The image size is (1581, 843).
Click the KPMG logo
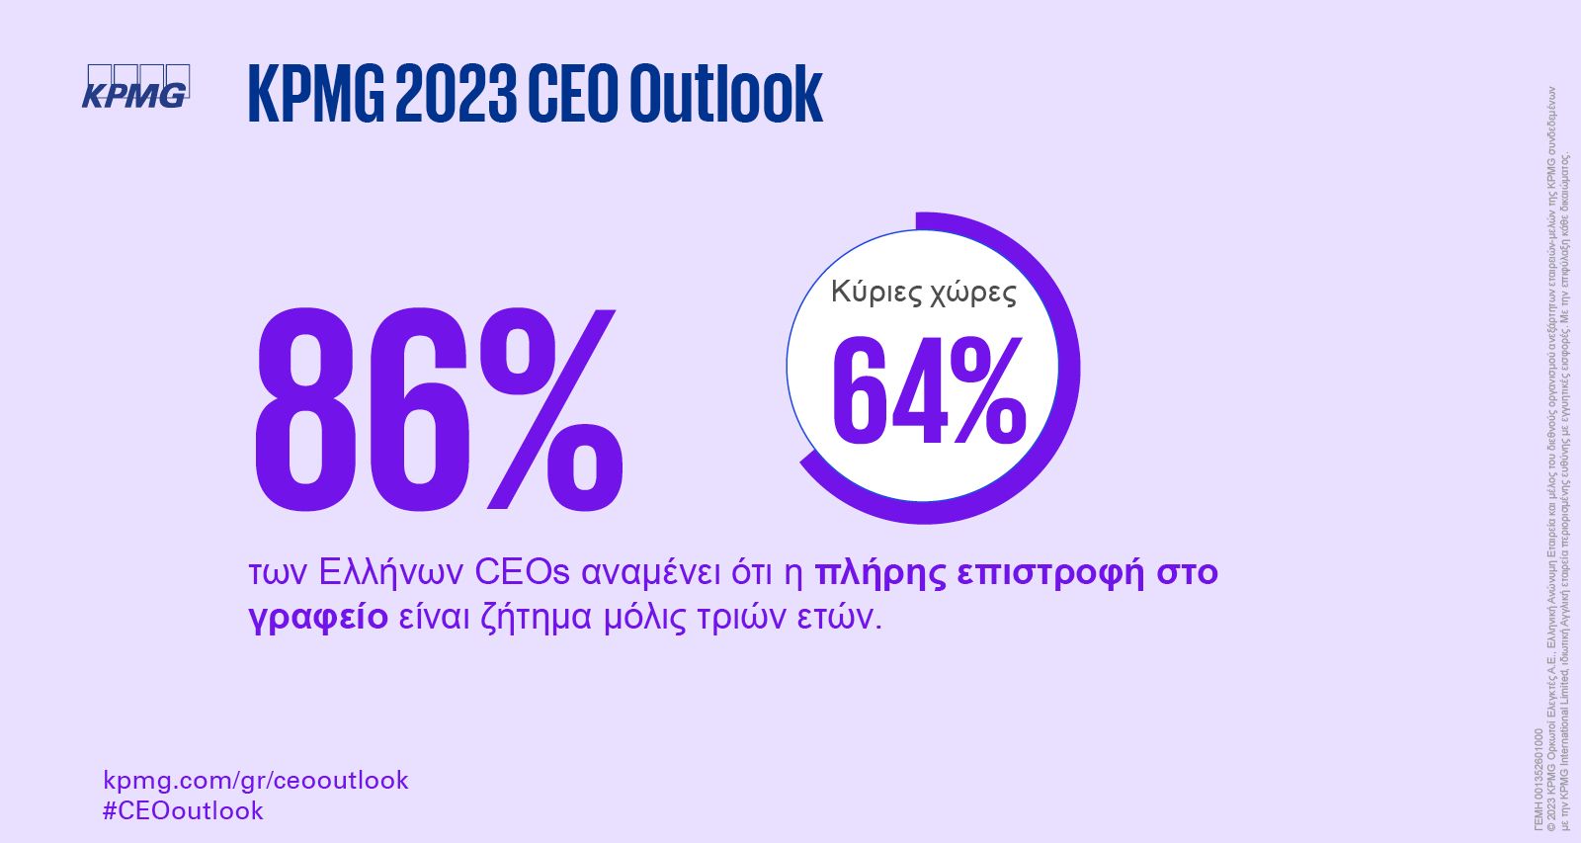[134, 86]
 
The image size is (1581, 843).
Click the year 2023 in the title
[457, 94]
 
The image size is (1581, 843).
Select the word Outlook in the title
[725, 94]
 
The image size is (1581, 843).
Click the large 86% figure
[438, 409]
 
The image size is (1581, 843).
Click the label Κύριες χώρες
[923, 293]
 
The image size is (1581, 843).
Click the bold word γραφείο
[317, 618]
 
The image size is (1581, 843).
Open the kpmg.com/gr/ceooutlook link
[255, 780]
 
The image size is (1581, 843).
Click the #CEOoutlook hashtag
[183, 810]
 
